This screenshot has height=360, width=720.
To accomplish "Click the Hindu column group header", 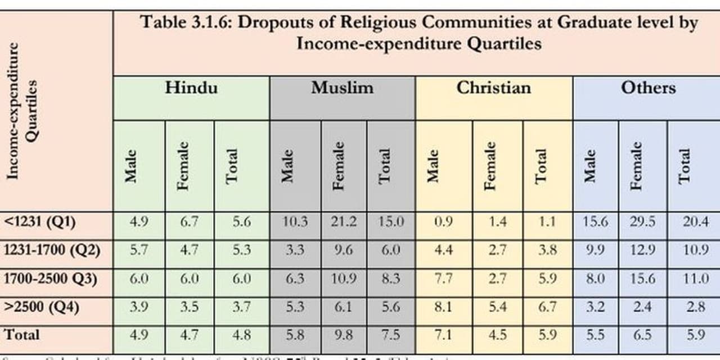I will tap(191, 88).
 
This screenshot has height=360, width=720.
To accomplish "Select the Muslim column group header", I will tap(342, 88).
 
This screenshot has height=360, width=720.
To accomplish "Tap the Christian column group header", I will tap(493, 88).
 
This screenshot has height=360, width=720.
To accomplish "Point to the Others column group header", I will tap(648, 88).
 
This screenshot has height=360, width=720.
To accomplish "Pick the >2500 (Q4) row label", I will tap(42, 308).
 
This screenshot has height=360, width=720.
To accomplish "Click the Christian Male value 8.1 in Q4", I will tap(443, 308).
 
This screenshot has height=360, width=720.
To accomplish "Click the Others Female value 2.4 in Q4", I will tap(642, 308).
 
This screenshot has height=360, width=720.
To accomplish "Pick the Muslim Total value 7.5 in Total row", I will tap(390, 335).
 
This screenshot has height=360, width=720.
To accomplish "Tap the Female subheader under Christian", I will tap(490, 165).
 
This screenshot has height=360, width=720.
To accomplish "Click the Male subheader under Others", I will tap(589, 165).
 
